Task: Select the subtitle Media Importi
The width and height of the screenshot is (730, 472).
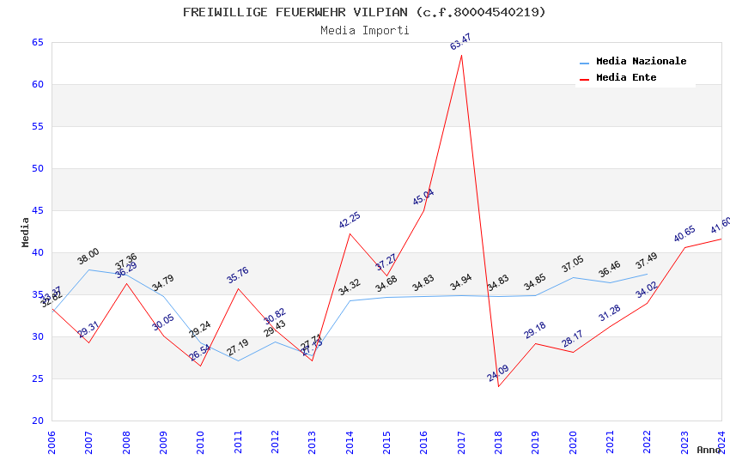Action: (364, 30)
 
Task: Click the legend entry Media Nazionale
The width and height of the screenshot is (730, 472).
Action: (641, 61)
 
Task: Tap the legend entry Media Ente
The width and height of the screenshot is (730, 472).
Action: (626, 77)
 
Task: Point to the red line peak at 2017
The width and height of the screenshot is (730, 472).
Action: (461, 56)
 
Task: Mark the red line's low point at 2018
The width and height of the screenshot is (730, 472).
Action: (498, 386)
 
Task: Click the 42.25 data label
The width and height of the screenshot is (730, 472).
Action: (350, 220)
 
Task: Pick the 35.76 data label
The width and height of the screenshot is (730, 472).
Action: (238, 275)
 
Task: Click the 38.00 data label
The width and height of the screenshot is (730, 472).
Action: (88, 256)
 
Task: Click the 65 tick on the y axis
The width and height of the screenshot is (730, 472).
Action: (37, 42)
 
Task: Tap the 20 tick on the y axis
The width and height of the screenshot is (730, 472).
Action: (37, 421)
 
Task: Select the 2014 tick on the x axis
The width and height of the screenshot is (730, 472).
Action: (350, 441)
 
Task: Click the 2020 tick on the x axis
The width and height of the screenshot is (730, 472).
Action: (573, 441)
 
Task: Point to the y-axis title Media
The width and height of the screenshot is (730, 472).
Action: (26, 232)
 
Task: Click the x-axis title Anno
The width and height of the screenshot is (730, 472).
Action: (709, 450)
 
